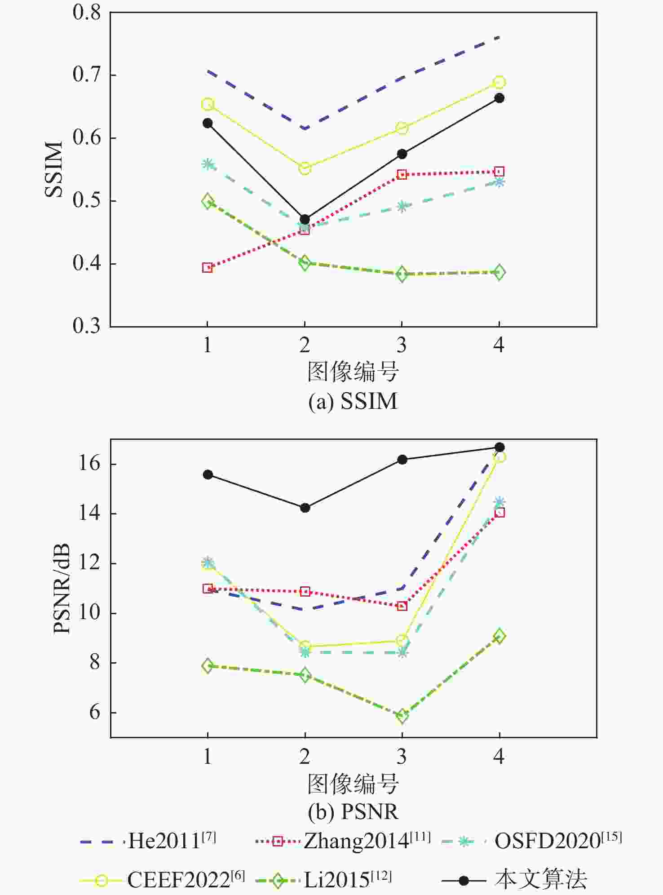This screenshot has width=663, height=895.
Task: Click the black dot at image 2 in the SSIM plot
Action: [x=305, y=220]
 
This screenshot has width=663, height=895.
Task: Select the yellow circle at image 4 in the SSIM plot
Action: [x=499, y=82]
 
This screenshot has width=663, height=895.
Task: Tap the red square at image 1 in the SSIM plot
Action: [x=207, y=268]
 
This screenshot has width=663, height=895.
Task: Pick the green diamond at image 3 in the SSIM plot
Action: [x=402, y=274]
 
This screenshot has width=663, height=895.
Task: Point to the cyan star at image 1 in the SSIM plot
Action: [x=208, y=164]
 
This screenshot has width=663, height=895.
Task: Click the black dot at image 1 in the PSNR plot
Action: [x=208, y=474]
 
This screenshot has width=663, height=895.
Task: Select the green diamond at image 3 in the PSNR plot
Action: [x=402, y=716]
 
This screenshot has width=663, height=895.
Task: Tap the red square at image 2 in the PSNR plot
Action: [x=305, y=592]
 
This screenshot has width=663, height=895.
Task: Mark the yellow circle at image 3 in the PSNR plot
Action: [x=402, y=640]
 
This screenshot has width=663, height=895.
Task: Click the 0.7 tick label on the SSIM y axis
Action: [x=87, y=74]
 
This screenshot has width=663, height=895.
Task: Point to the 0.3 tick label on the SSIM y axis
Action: [x=87, y=326]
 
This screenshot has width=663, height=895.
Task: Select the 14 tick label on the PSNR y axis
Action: [x=89, y=513]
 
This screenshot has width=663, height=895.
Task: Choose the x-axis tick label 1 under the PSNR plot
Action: [x=208, y=757]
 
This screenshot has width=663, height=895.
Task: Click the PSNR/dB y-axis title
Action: [x=62, y=589]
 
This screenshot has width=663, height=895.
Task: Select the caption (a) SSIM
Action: [x=353, y=401]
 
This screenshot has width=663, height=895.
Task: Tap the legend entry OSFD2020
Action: [x=557, y=841]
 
